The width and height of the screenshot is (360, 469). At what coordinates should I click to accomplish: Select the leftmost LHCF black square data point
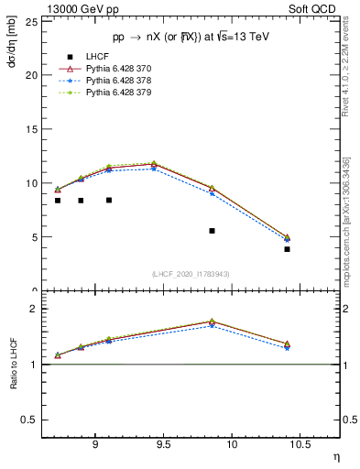tap(58, 201)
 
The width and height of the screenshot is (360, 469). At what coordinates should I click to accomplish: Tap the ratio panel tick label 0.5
tap(30, 420)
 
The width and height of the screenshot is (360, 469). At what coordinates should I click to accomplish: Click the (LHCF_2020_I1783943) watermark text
tap(191, 274)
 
